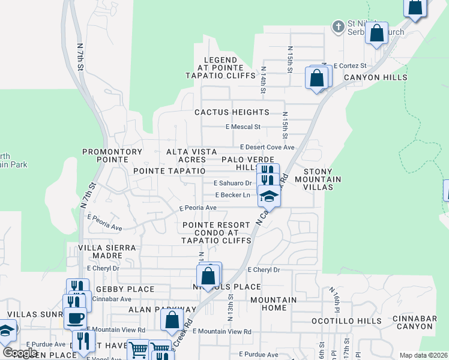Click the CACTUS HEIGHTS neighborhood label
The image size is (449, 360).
tap(232, 112)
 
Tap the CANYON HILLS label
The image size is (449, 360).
tap(375, 77)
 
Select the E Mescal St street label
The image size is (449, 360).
tap(243, 127)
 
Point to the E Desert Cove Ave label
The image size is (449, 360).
tap(267, 147)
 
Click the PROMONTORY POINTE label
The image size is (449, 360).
tap(112, 156)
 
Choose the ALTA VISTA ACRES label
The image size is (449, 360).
tap(186, 156)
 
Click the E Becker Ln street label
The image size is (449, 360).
tap(233, 195)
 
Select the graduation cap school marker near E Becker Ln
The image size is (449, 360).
tap(268, 196)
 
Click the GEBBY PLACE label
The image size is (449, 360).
tap(125, 289)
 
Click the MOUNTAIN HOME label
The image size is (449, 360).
tap(273, 304)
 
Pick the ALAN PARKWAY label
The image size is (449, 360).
tap(162, 310)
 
